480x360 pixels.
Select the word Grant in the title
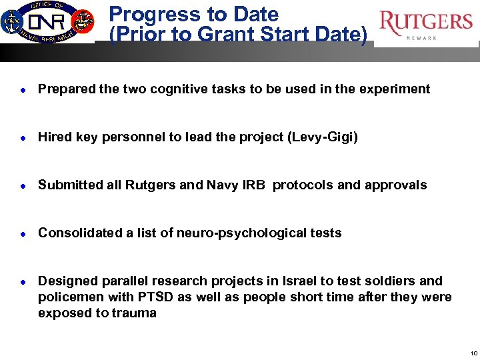pos(250,33)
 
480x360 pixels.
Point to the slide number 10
pos(473,353)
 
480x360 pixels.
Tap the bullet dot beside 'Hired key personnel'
pos(24,137)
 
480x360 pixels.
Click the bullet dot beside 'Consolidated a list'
pos(24,233)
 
